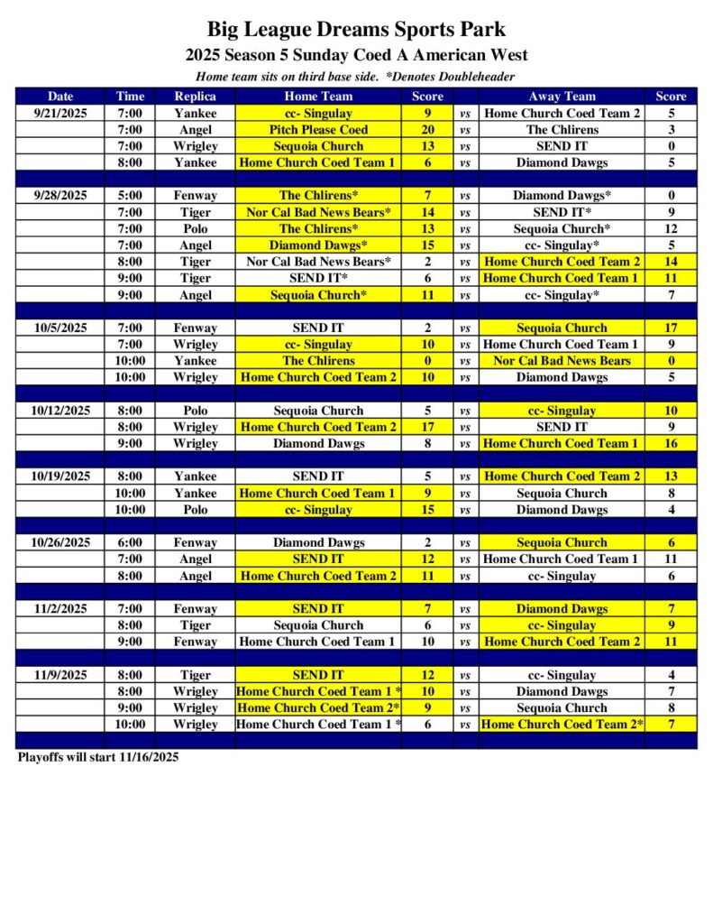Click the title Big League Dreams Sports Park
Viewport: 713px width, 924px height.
click(x=356, y=30)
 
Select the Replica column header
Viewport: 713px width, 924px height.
click(x=196, y=97)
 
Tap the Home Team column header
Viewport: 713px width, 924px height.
click(x=318, y=97)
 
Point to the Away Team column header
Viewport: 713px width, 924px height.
click(x=562, y=97)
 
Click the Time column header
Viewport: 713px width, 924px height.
click(x=130, y=97)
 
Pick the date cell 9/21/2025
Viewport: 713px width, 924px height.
click(x=60, y=114)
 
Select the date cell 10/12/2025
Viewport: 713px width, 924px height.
click(x=60, y=411)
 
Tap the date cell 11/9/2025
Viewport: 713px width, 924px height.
click(x=60, y=675)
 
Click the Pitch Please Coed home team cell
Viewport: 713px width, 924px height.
click(x=318, y=130)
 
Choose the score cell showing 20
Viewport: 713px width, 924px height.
click(x=427, y=130)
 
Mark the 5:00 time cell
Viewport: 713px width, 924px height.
click(x=130, y=196)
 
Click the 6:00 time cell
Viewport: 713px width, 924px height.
click(x=130, y=543)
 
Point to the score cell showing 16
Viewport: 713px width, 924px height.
click(x=672, y=444)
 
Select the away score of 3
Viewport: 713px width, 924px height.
click(x=672, y=130)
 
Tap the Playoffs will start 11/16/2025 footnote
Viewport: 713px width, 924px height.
click(x=98, y=757)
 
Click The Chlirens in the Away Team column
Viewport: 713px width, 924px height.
click(x=562, y=130)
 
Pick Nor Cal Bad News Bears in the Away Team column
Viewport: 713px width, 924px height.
click(x=562, y=361)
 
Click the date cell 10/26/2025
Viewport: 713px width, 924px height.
click(x=60, y=543)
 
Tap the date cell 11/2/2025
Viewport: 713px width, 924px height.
click(x=60, y=609)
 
